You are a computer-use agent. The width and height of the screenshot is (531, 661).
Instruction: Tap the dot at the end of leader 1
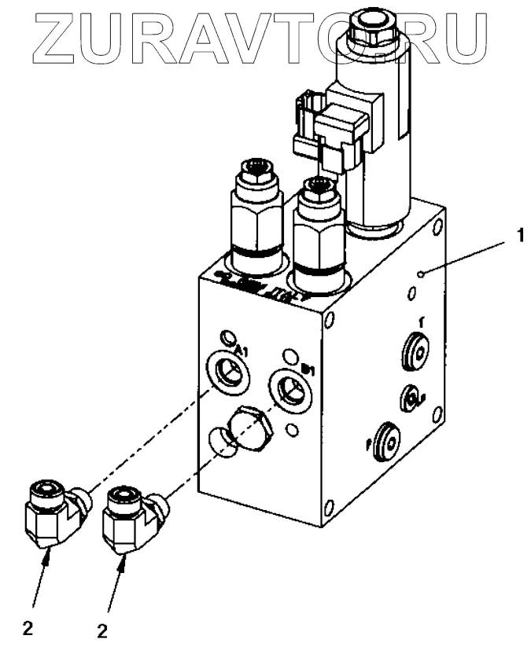(422, 274)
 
